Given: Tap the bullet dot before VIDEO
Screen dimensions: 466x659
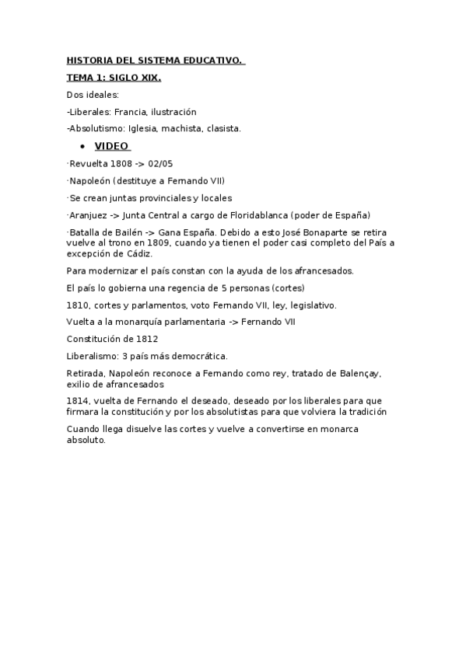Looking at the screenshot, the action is coord(82,147).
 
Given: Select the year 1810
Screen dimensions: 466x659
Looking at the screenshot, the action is coord(77,305).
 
